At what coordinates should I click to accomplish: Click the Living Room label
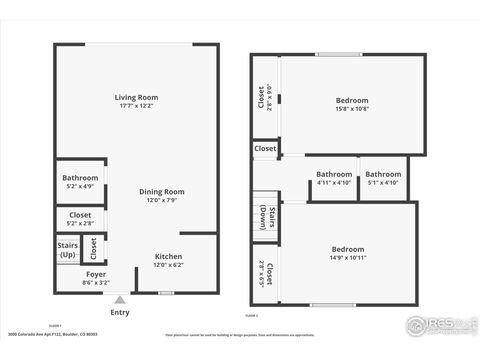(x=136, y=97)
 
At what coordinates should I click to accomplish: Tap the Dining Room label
(x=161, y=191)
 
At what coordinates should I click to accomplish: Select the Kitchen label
(x=168, y=257)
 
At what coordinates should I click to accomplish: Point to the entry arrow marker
(x=119, y=298)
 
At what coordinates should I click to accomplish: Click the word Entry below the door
(x=119, y=312)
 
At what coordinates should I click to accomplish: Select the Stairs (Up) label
(x=68, y=248)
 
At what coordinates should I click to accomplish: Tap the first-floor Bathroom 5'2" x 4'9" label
(x=80, y=178)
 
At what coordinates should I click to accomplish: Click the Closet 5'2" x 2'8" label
(x=80, y=215)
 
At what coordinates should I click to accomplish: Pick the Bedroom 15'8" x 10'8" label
(x=351, y=100)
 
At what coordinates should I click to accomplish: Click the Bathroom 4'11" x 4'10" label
(x=334, y=174)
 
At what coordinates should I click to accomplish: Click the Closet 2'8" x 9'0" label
(x=264, y=101)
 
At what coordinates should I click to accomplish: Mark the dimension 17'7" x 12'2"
(x=136, y=106)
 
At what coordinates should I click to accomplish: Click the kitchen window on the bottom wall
(x=167, y=292)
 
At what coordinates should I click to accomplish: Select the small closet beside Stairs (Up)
(x=94, y=247)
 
